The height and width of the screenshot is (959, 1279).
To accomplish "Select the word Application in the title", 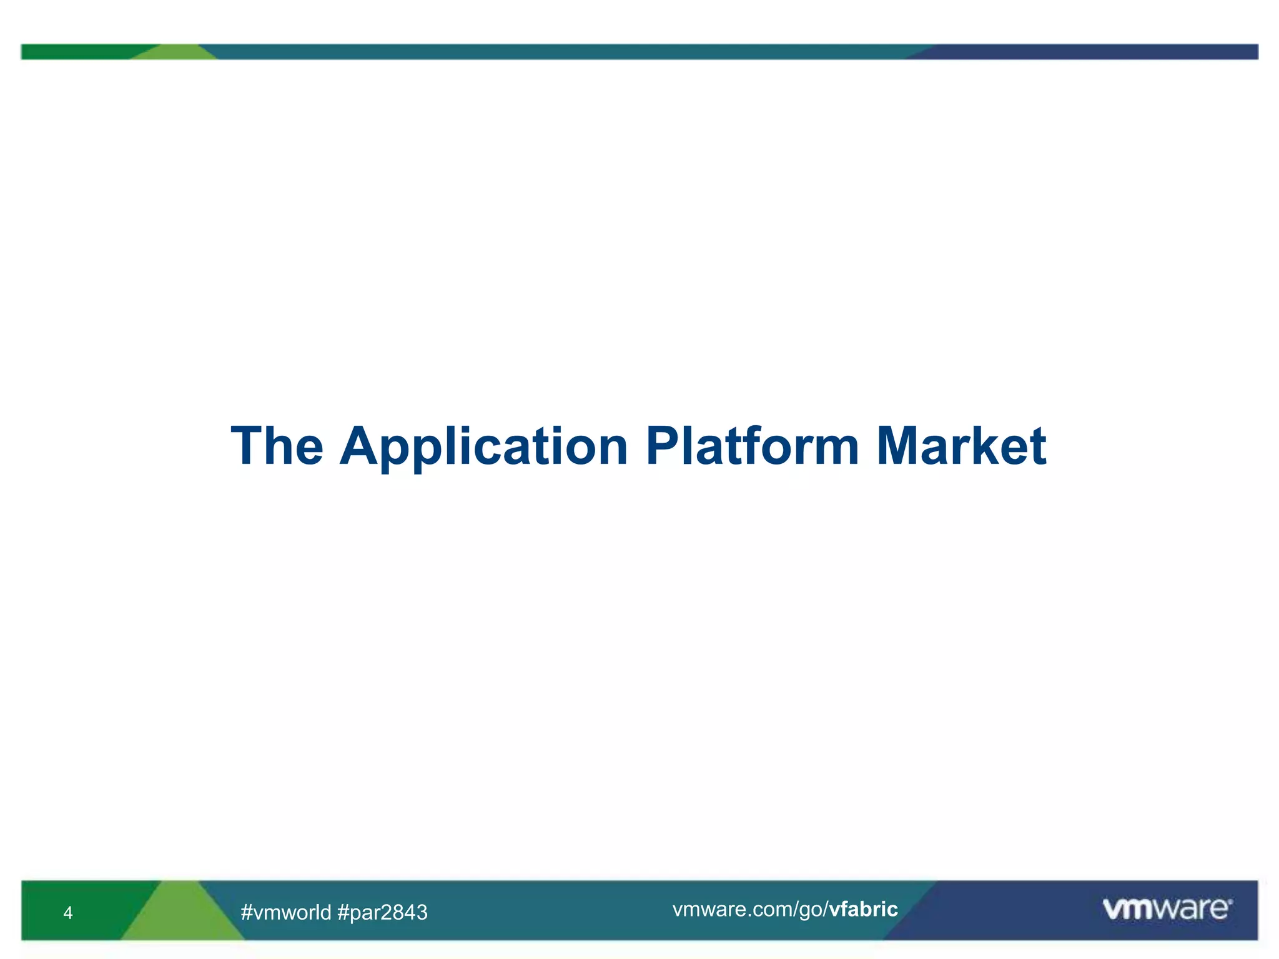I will [x=484, y=447].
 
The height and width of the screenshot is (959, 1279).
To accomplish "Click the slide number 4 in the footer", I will [x=68, y=913].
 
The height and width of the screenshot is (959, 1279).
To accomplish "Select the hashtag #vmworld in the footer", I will [x=286, y=913].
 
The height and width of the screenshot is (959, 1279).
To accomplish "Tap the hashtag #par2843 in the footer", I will [x=382, y=913].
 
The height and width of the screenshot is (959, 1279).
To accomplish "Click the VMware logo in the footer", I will [x=1167, y=909].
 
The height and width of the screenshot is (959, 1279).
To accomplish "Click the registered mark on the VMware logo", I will [x=1230, y=902].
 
